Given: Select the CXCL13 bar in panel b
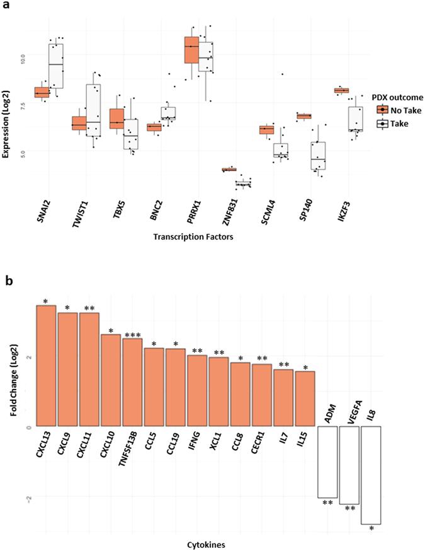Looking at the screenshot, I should point(47,366).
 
